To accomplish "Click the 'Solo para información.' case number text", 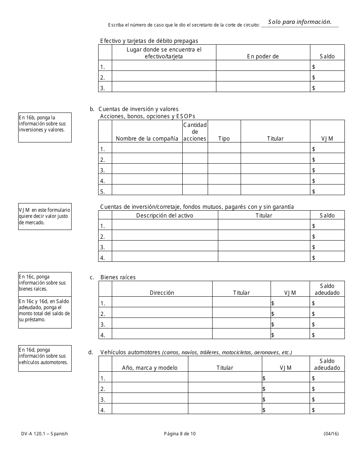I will point(300,22).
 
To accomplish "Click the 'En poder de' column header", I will point(263,56).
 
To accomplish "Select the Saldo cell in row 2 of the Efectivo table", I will point(327,78).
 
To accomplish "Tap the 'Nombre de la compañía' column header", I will point(147,139).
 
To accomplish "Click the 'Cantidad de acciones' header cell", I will point(195,131).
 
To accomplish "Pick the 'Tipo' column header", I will point(224,139).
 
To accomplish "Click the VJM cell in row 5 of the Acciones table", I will point(327,191).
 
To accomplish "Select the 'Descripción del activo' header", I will point(164,215).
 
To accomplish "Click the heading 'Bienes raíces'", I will point(118,277).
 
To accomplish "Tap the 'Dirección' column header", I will point(162,293).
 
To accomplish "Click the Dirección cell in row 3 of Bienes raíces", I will point(162,324).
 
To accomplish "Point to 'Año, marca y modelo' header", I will point(150,368).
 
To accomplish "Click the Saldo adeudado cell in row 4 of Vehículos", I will point(327,410).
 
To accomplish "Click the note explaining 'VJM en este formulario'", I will point(45,216).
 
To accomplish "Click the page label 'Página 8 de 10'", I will point(180,434).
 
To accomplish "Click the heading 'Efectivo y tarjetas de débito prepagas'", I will point(149,41).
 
